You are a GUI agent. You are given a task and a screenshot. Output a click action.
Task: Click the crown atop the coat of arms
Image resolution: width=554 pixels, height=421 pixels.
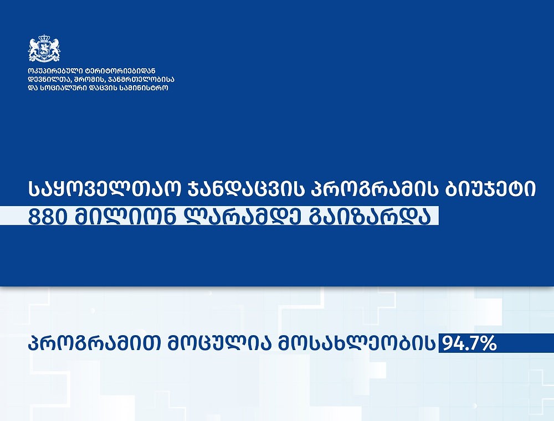(44, 38)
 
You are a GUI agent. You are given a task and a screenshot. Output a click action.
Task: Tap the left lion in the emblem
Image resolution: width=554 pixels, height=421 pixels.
(34, 48)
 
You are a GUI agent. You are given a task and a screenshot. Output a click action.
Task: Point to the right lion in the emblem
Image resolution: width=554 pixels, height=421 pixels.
(54, 48)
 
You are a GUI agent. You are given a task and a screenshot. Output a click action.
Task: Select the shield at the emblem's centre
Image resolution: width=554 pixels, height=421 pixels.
(44, 48)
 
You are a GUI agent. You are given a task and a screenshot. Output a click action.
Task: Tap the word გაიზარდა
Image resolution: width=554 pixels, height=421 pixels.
(370, 216)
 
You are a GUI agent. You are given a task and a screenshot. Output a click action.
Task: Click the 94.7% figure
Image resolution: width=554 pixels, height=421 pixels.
(468, 343)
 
